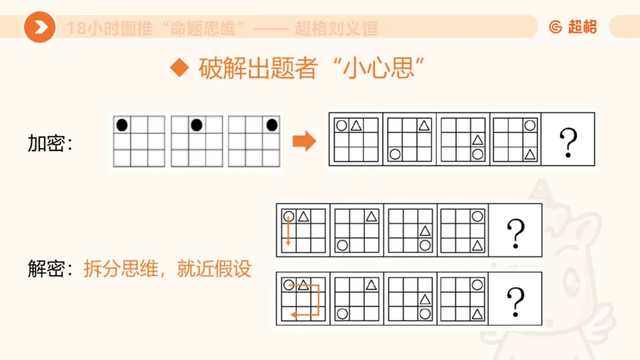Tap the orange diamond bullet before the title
click(180, 68)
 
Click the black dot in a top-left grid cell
click(122, 124)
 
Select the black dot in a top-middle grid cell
click(196, 124)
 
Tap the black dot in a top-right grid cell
click(271, 124)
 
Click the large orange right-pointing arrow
click(305, 142)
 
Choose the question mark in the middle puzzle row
click(516, 233)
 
